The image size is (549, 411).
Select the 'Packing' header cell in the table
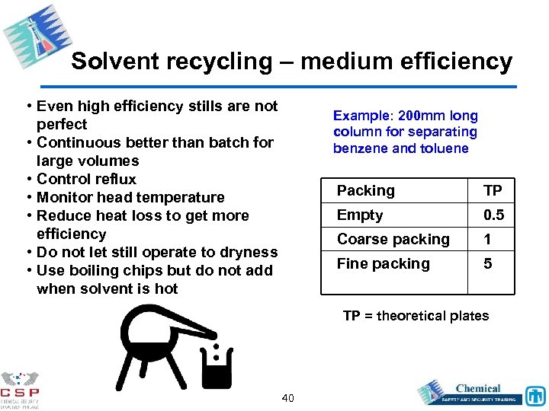(x=366, y=190)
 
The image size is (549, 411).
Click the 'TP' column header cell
(x=493, y=190)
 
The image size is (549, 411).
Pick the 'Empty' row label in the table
(x=360, y=215)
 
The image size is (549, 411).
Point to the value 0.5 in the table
(x=493, y=215)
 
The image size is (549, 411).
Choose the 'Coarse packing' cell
(x=393, y=239)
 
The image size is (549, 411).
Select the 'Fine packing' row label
(x=384, y=263)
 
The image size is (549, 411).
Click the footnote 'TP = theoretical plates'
(x=416, y=316)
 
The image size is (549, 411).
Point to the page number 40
(x=288, y=398)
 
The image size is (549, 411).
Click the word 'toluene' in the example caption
(x=444, y=148)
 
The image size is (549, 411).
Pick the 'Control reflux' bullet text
(x=86, y=179)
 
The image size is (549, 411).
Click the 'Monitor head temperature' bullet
(x=130, y=197)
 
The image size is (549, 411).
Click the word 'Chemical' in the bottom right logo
(x=478, y=388)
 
